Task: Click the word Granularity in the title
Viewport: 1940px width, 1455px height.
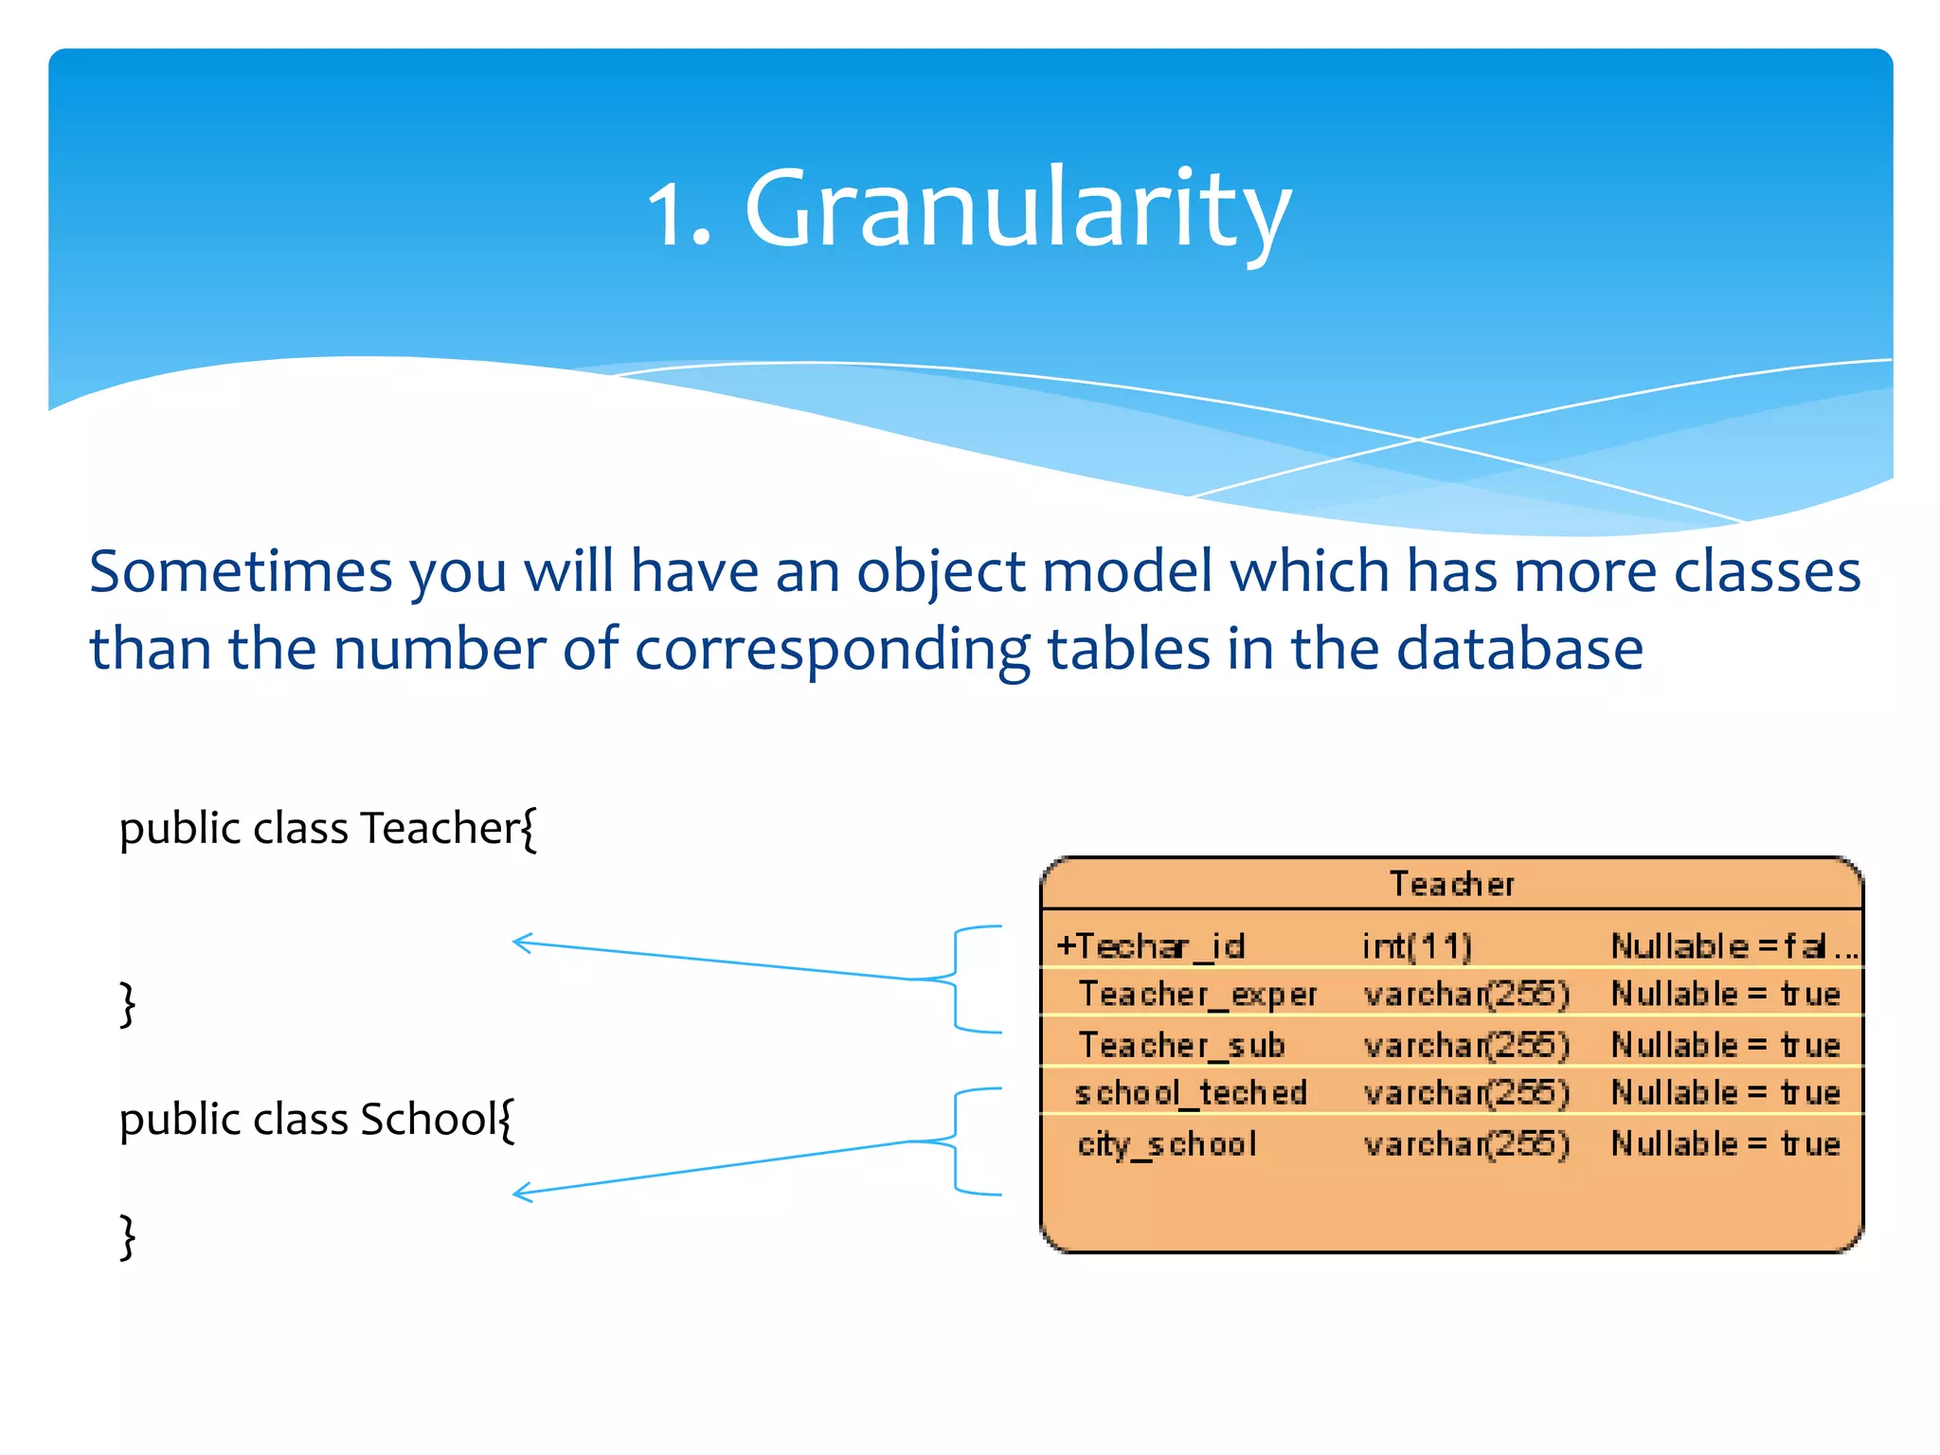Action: tap(1018, 208)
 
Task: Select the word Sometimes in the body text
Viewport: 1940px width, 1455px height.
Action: tap(241, 572)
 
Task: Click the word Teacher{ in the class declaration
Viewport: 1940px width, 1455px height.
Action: tap(448, 829)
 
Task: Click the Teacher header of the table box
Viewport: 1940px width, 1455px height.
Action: tap(1451, 884)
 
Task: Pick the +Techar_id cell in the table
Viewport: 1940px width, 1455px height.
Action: tap(1150, 945)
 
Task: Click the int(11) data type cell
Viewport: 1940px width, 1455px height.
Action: tap(1417, 945)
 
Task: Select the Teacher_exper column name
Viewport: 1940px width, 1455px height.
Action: tap(1197, 994)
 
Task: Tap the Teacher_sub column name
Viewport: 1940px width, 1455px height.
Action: tap(1181, 1045)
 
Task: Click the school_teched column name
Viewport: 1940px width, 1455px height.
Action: tap(1191, 1093)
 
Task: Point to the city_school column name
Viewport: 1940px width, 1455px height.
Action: tap(1167, 1144)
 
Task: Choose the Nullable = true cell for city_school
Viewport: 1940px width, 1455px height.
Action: tap(1725, 1144)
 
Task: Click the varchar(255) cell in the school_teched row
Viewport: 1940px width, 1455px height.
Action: tap(1466, 1093)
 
